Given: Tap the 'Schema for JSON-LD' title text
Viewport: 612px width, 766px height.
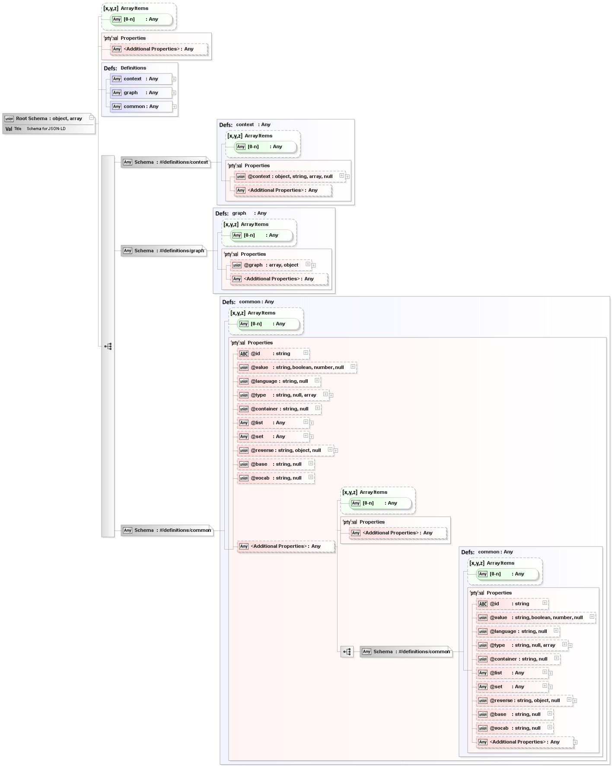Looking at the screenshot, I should pyautogui.click(x=46, y=129).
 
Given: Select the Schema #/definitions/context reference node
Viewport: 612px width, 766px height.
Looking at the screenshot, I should pyautogui.click(x=166, y=162).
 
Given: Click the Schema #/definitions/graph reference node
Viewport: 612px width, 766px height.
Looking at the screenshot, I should pyautogui.click(x=164, y=251).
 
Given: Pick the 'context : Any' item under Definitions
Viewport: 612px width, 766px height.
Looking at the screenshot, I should pyautogui.click(x=141, y=79).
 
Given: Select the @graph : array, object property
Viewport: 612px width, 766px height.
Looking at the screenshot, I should pyautogui.click(x=271, y=265).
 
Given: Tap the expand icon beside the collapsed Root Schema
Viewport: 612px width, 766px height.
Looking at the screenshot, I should pyautogui.click(x=91, y=118).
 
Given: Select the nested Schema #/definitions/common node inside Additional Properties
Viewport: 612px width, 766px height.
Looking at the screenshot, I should pyautogui.click(x=406, y=652).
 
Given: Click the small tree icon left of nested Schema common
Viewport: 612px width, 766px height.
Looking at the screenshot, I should pyautogui.click(x=347, y=652).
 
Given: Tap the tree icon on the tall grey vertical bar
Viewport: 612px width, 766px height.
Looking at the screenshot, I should pyautogui.click(x=108, y=346).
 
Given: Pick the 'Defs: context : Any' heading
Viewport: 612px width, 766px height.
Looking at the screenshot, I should pyautogui.click(x=245, y=125).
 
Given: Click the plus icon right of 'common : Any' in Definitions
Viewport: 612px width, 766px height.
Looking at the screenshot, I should pyautogui.click(x=174, y=107).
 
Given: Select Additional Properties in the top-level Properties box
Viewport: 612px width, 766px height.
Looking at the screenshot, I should pyautogui.click(x=158, y=49).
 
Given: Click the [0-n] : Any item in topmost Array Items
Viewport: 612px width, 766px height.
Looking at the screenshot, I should pyautogui.click(x=141, y=19).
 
